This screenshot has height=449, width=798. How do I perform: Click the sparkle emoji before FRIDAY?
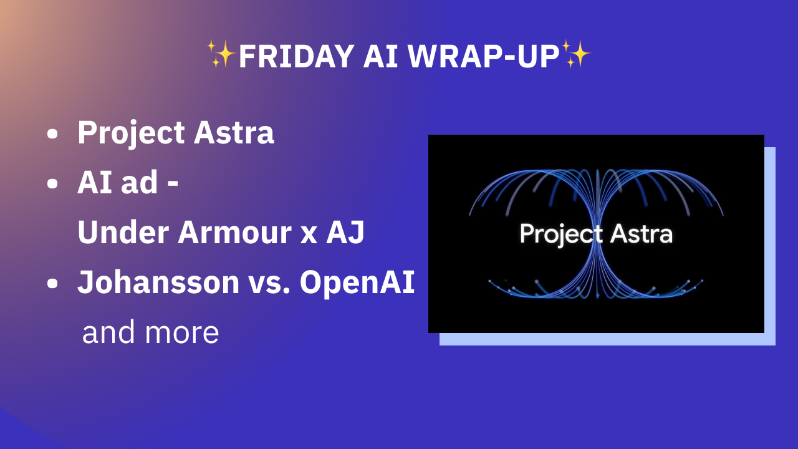point(221,54)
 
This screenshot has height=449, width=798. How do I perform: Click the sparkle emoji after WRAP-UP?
point(576,54)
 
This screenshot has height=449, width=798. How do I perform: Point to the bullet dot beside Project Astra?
point(53,134)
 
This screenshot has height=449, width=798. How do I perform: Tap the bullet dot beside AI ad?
point(53,184)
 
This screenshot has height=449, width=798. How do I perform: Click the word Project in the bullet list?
point(131,133)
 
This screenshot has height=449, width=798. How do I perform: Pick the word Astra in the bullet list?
point(234,133)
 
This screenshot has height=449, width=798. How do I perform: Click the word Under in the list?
point(123,233)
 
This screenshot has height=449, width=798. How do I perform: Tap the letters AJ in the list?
point(345,233)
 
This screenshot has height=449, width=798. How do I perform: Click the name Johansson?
point(158,282)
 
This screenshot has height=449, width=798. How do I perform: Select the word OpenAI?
point(357,282)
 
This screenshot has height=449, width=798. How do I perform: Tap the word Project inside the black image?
point(561,234)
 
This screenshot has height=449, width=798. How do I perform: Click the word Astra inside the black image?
point(642,234)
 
